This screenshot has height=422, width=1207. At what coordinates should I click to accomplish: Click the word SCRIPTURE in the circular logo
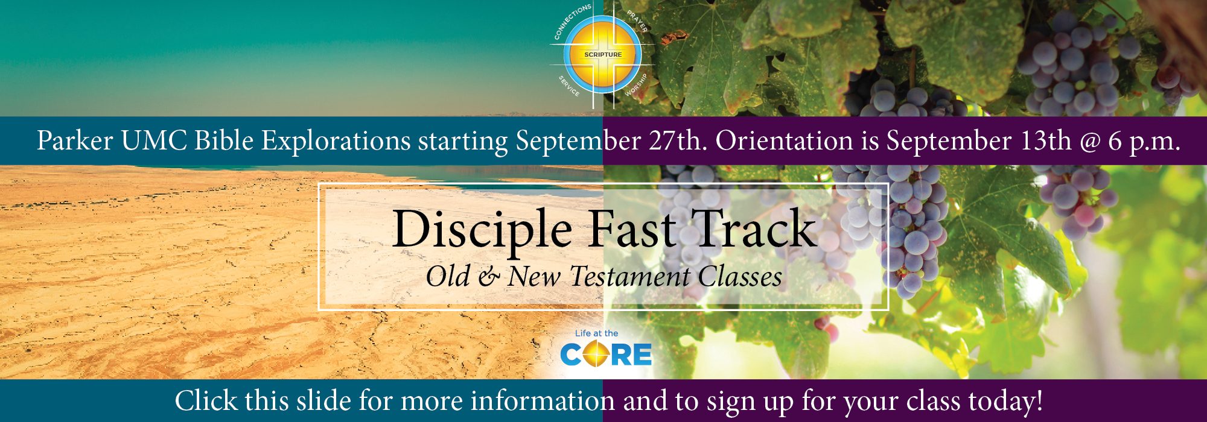tap(603, 55)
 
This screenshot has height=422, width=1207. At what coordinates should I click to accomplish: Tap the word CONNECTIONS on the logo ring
tap(572, 21)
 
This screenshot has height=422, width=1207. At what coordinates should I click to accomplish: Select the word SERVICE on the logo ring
tap(568, 86)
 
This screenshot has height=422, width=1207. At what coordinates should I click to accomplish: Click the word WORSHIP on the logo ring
tap(636, 85)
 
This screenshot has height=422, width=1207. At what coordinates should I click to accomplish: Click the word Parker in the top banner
tap(75, 141)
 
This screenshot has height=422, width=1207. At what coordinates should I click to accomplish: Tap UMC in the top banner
tap(154, 141)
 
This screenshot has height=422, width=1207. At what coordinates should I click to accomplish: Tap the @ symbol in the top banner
tap(1094, 142)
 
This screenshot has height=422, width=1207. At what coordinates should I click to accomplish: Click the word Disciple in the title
tap(482, 231)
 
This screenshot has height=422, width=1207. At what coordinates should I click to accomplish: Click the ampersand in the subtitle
tap(489, 277)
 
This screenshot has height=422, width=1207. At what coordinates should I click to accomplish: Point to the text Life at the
tap(597, 333)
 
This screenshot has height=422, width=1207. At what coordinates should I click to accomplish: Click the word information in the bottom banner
tap(543, 401)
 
